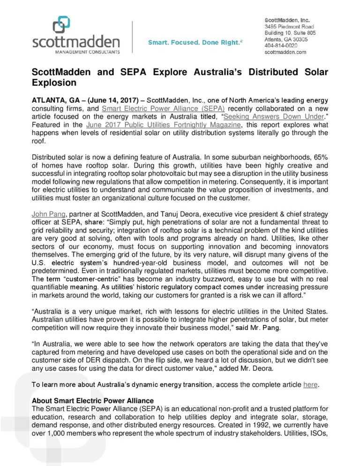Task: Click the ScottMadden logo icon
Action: (62, 24)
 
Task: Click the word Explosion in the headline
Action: (54, 83)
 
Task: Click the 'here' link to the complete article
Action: (310, 385)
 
